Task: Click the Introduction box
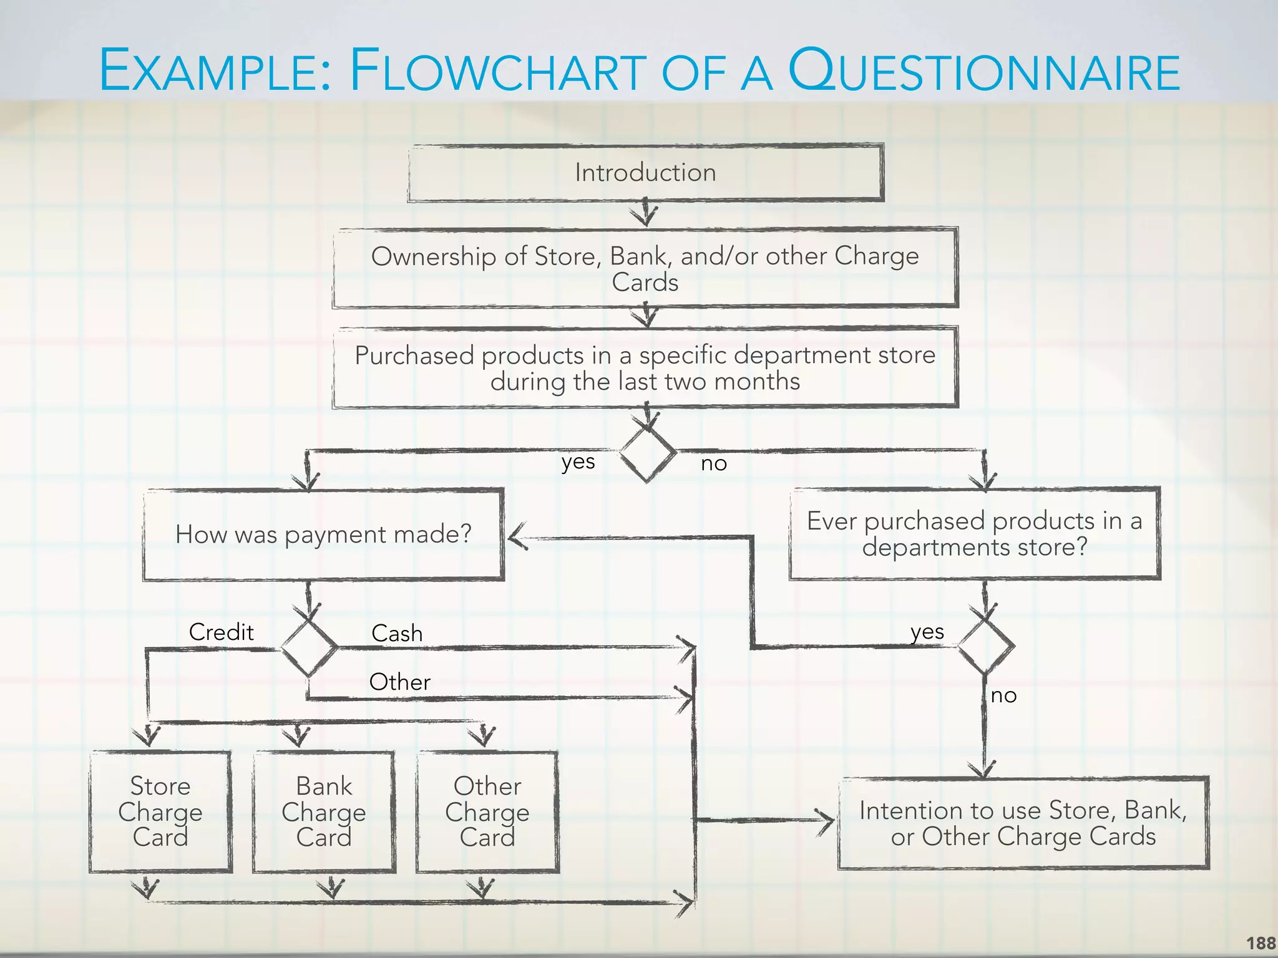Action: coord(645,173)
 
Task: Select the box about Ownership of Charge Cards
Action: coord(645,268)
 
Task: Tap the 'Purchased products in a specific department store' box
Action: coord(645,368)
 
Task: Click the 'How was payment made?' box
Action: coord(323,535)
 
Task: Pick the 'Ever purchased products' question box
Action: coord(975,534)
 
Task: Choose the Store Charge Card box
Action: coord(160,811)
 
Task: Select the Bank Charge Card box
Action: coord(324,811)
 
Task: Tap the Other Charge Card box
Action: coord(487,811)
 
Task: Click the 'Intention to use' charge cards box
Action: coord(1023,823)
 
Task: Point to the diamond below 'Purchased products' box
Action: coord(648,452)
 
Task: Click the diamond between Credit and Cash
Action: coord(309,647)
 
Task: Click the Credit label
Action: coord(222,632)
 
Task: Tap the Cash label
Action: coord(397,634)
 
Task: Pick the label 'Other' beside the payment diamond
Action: coord(399,682)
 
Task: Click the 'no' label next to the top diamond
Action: coord(714,463)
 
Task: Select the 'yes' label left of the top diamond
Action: coord(578,462)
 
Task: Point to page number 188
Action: coord(1261,943)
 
